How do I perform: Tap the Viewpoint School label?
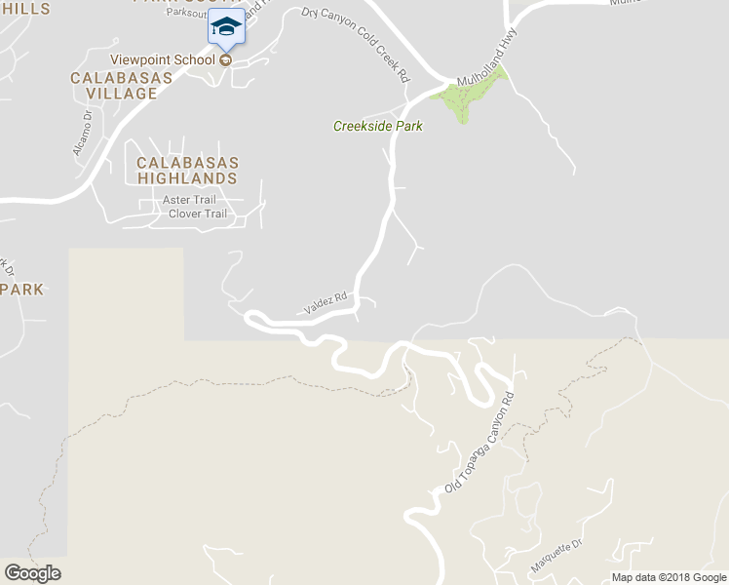[162, 59]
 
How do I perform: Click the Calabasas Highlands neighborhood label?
[187, 171]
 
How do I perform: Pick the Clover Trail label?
[198, 214]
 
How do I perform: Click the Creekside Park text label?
[378, 126]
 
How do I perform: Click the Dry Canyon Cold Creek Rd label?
[357, 44]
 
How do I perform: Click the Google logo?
[32, 573]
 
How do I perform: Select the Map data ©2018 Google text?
[670, 577]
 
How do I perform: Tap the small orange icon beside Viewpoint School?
[226, 59]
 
